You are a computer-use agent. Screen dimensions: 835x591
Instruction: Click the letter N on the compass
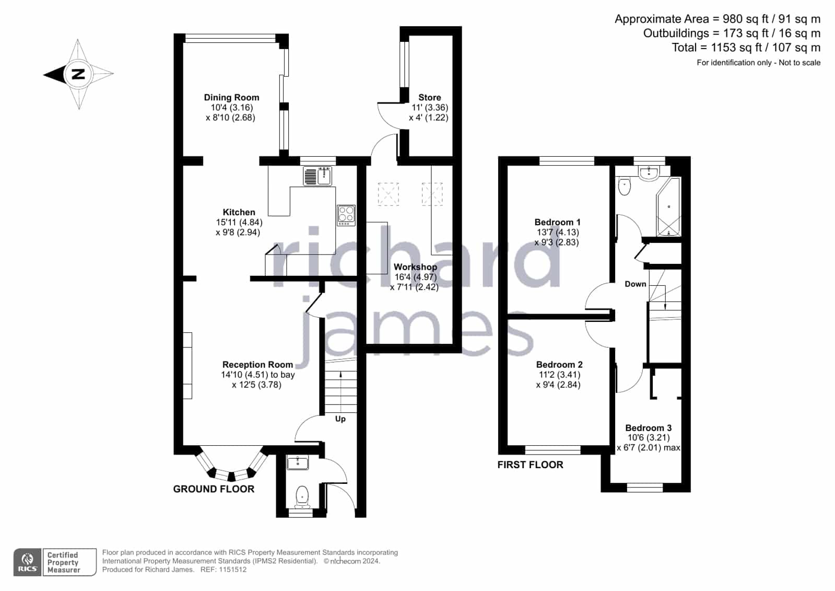click(78, 74)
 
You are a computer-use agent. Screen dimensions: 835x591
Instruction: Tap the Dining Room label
click(231, 97)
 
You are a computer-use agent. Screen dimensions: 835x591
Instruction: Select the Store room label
click(429, 97)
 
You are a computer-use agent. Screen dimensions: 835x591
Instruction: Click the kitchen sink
click(317, 176)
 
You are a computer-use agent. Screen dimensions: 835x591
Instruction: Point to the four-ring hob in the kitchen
click(346, 215)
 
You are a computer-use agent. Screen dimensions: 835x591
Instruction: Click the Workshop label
click(415, 267)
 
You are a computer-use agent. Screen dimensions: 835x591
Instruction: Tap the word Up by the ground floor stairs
click(340, 419)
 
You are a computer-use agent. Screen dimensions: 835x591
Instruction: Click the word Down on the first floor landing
click(635, 284)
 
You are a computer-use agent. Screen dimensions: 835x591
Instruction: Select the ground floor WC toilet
click(302, 497)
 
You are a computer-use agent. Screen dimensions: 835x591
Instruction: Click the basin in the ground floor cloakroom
click(298, 462)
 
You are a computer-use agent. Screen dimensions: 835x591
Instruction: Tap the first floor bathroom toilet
click(624, 187)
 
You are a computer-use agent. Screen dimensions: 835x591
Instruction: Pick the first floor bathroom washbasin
click(649, 173)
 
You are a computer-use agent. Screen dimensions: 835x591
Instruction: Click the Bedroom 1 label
click(557, 223)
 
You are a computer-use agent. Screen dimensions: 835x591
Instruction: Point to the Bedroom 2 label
click(559, 365)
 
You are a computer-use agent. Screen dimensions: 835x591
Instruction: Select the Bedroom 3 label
click(648, 428)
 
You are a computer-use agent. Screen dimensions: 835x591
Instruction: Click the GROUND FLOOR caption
click(214, 489)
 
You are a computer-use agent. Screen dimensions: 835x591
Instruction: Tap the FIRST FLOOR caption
click(530, 465)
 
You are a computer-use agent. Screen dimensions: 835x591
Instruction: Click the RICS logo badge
click(28, 562)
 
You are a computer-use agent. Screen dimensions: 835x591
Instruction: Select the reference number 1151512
click(232, 570)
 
